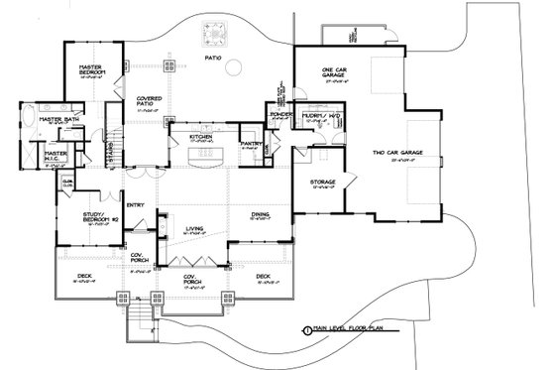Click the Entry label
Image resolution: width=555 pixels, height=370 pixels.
click(135, 204)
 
